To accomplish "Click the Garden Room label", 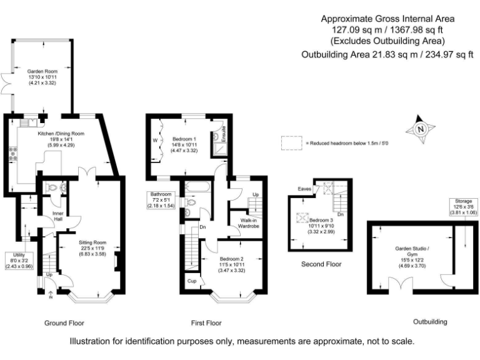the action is tap(38, 71).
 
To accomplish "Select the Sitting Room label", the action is tap(92, 242).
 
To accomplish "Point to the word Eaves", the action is tap(304, 187).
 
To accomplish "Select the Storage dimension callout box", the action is tap(464, 207).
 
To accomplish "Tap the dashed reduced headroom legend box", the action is tap(291, 142).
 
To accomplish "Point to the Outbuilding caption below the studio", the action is tap(430, 322).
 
